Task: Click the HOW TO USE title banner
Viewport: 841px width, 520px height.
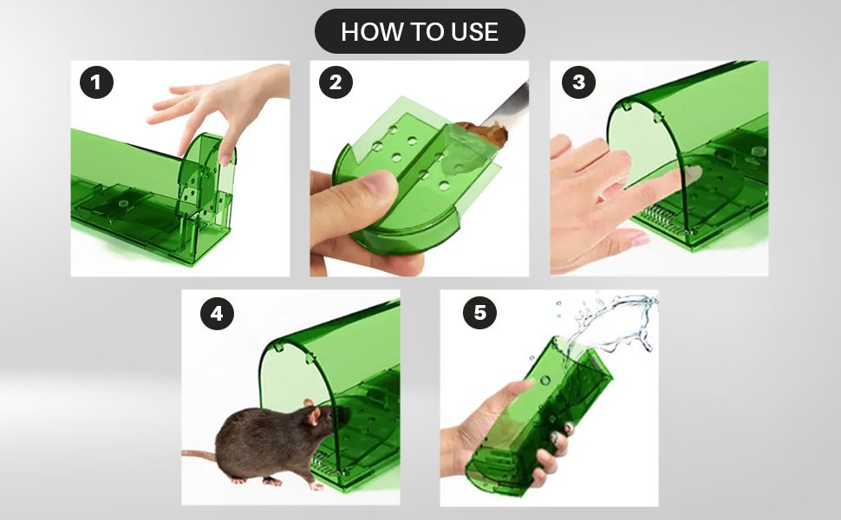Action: point(420,32)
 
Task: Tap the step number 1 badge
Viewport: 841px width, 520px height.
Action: point(96,83)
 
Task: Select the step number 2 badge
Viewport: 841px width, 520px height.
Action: point(336,83)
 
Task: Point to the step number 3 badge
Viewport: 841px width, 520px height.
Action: point(577,83)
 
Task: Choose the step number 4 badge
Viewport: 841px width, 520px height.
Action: point(217,313)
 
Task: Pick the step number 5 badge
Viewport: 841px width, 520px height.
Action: point(479,313)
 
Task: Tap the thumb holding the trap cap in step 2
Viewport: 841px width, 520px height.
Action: point(355,195)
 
